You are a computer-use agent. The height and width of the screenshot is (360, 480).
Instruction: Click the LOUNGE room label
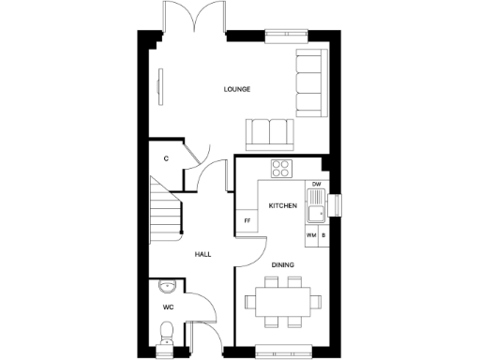(x=237, y=90)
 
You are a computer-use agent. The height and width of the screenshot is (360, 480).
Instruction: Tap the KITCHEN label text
(x=283, y=205)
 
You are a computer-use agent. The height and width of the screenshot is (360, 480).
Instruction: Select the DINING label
(x=283, y=265)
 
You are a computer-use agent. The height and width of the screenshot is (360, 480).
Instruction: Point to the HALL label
(x=202, y=255)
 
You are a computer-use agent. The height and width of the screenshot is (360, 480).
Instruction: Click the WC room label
(x=169, y=307)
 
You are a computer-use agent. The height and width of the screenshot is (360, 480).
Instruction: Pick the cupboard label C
(x=166, y=158)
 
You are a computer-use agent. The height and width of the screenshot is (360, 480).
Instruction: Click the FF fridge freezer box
(x=247, y=220)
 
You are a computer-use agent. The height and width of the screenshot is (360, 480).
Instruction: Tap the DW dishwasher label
(x=317, y=184)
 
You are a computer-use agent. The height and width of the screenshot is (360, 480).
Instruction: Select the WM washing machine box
(x=310, y=235)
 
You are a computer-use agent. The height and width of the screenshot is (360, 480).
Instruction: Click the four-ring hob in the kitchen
(x=280, y=169)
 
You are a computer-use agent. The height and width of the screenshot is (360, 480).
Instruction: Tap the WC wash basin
(x=165, y=285)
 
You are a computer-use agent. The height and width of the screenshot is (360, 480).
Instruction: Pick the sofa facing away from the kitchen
(x=268, y=133)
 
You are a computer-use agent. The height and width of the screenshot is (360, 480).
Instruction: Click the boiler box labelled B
(x=323, y=235)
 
